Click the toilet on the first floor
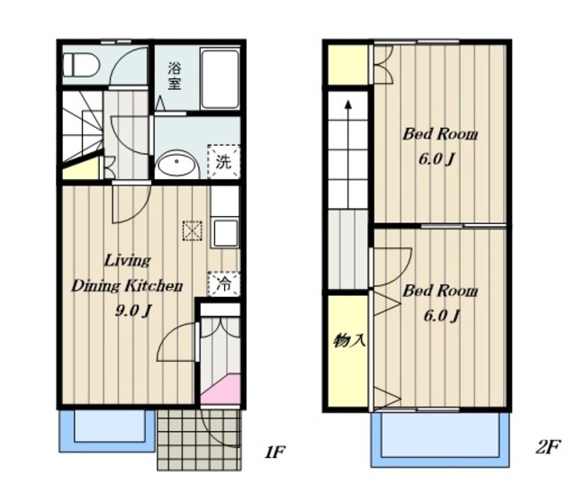81,66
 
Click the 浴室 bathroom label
174,76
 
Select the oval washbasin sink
176,164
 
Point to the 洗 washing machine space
223,162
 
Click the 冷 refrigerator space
224,283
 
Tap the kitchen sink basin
225,233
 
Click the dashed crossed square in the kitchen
193,230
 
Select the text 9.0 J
132,311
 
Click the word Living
127,261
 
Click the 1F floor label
274,452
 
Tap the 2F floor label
547,447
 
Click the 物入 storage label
349,340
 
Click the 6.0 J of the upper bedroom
436,159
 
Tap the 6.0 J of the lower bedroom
442,315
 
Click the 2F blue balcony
440,439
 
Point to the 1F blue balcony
107,430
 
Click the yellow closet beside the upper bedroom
347,65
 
